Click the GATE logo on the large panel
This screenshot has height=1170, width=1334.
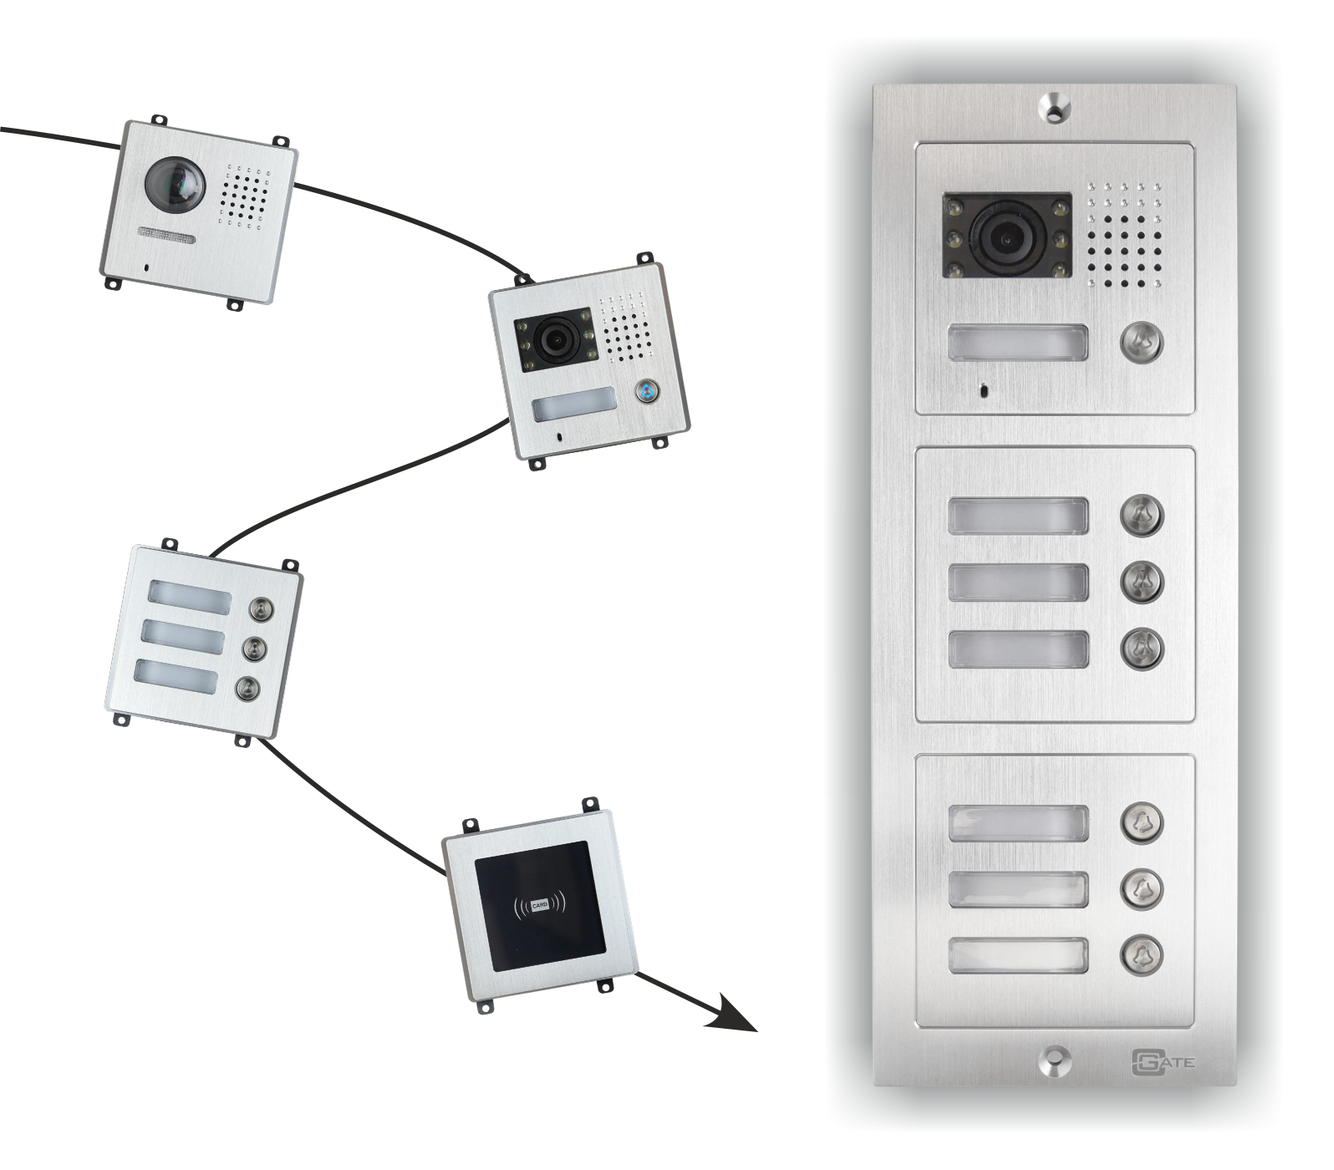pos(1163,1061)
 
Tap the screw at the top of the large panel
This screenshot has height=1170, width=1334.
pos(1055,109)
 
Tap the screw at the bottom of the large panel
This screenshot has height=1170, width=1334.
pos(1055,1061)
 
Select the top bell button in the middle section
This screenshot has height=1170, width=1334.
pos(1142,515)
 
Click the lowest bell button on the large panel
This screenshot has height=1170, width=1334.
pos(1142,955)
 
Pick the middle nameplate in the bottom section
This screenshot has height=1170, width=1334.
pos(1019,889)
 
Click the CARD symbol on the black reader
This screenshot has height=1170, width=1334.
pos(539,905)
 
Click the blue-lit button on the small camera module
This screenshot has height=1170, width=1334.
pos(645,390)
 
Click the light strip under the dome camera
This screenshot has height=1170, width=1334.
pos(166,236)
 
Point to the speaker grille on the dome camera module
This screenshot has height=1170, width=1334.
pos(244,196)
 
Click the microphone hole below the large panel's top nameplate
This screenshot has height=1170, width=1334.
pos(983,389)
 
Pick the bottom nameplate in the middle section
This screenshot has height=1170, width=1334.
pos(1019,649)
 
